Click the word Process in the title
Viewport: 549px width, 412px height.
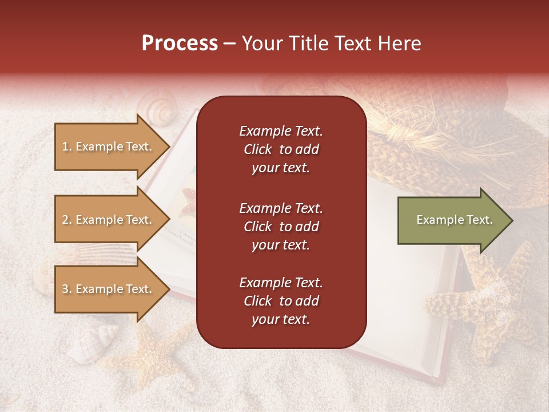[x=180, y=43]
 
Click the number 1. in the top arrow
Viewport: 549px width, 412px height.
[x=67, y=146]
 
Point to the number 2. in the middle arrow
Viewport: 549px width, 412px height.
[x=67, y=220]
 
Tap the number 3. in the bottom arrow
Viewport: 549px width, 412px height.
[x=67, y=289]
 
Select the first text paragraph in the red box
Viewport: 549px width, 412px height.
[x=281, y=149]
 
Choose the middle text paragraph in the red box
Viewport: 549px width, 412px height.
[x=281, y=226]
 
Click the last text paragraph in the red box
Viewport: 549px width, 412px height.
[x=281, y=301]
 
